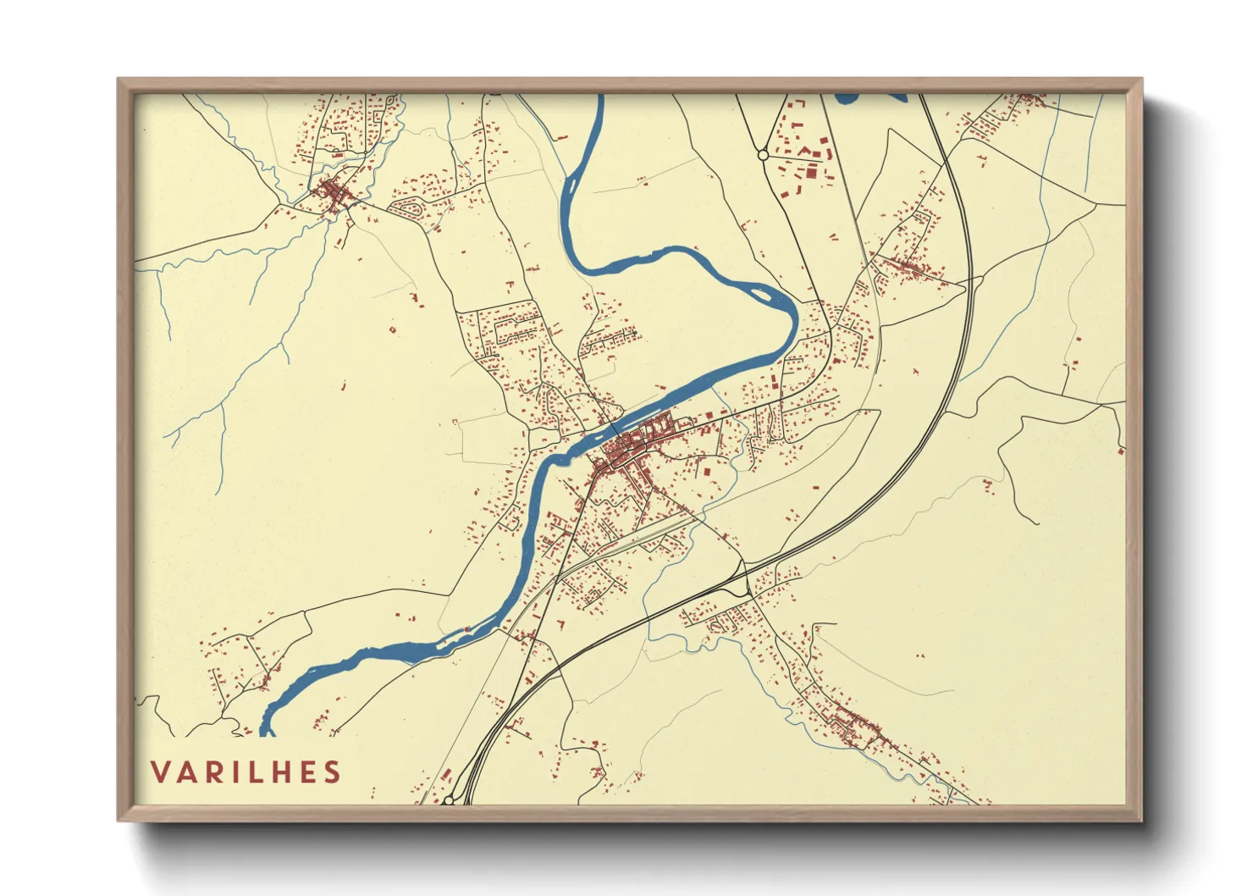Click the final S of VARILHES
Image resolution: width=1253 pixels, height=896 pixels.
coord(333,772)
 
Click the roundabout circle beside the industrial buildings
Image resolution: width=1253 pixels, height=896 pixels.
coord(763,155)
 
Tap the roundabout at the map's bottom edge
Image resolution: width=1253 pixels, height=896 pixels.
coord(448,799)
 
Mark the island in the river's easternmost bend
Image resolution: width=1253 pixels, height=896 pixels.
coord(760,295)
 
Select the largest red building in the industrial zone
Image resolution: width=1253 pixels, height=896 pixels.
coord(811,173)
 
